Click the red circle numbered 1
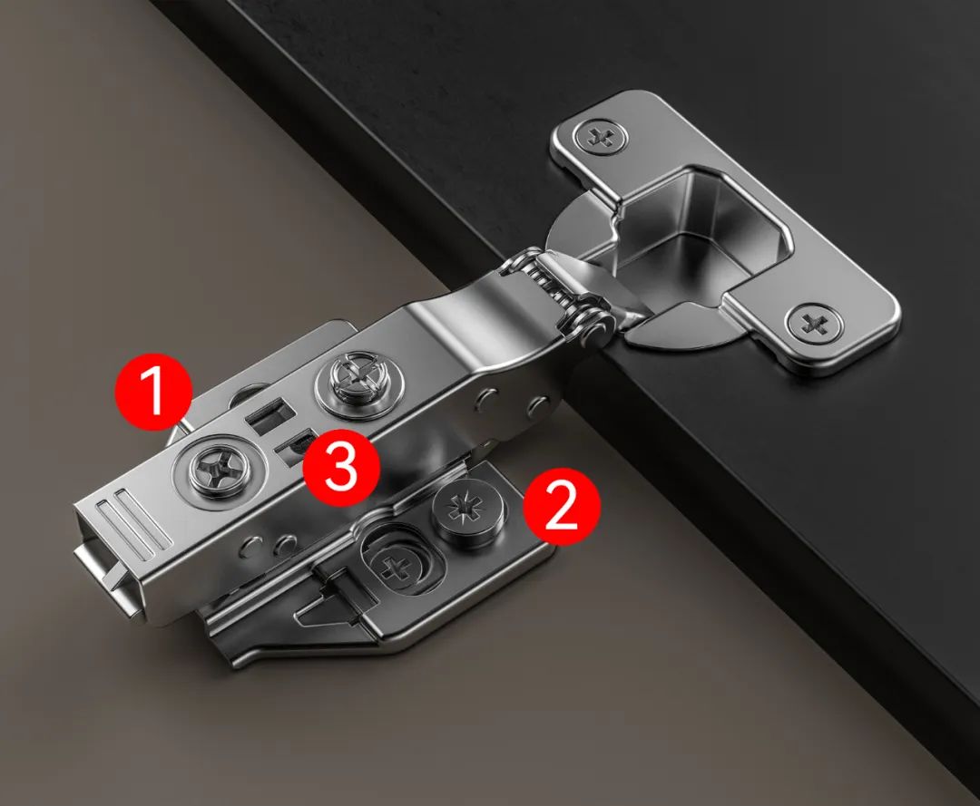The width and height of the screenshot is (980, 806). click(153, 392)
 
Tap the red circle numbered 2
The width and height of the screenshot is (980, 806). click(562, 507)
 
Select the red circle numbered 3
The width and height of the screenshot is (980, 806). click(341, 467)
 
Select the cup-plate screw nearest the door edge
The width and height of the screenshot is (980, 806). click(814, 324)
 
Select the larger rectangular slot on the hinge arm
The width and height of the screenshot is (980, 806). click(270, 414)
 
